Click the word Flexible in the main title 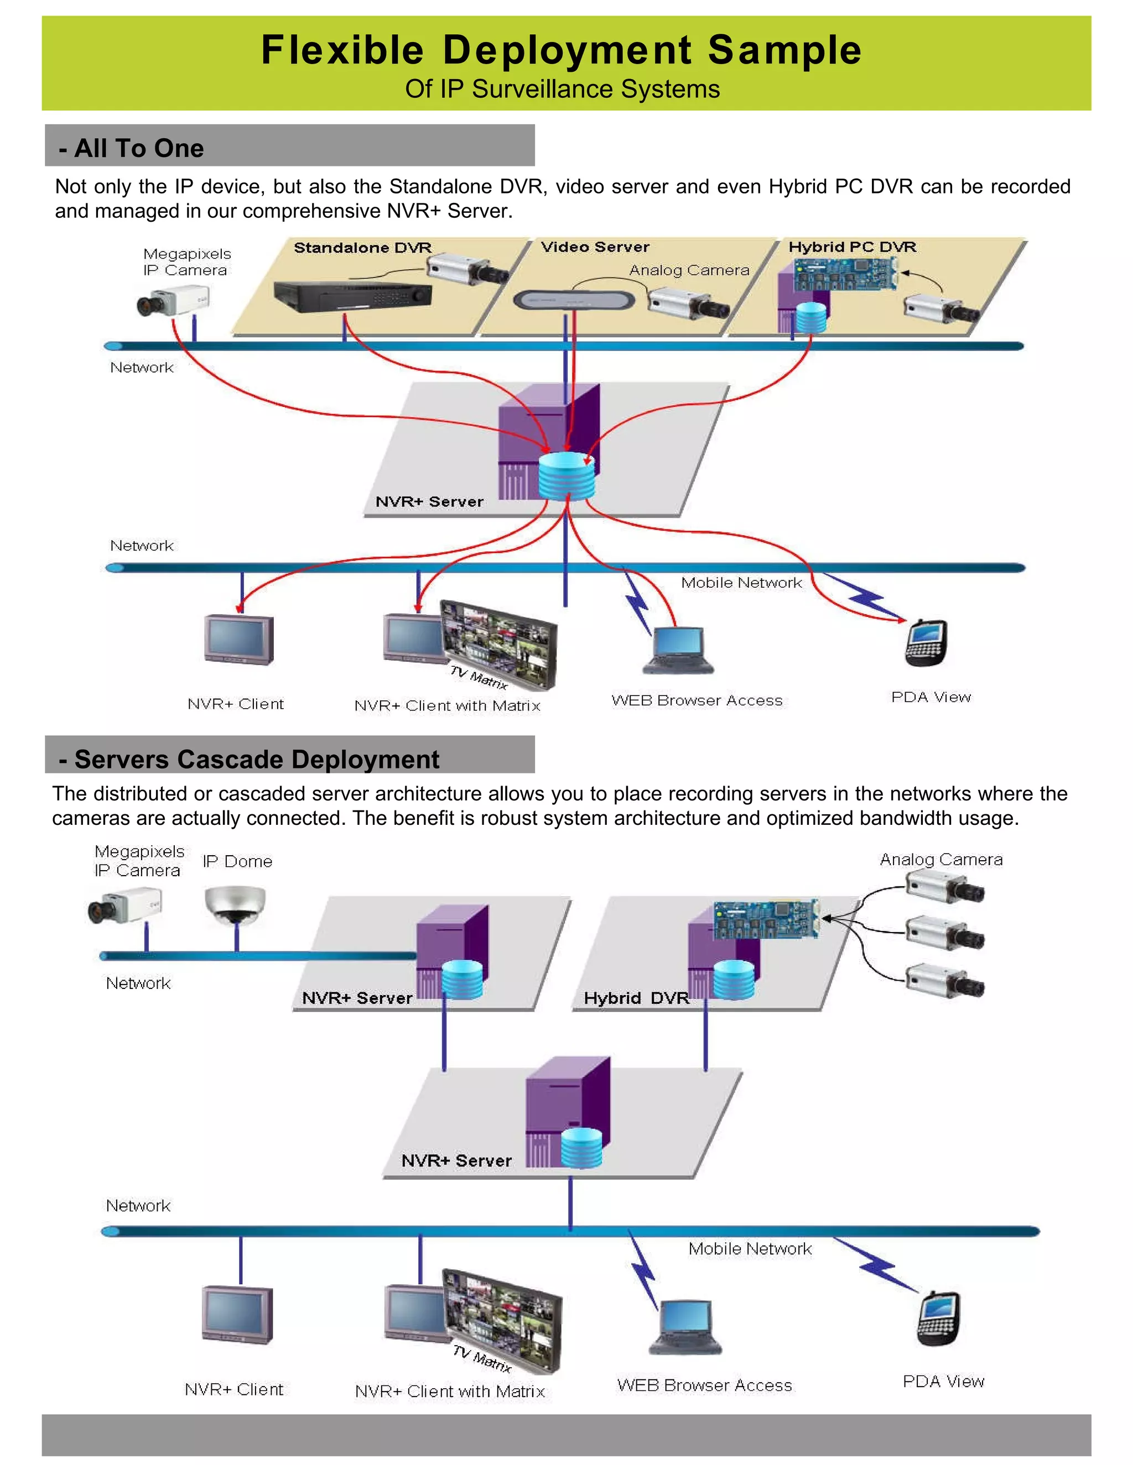click(x=342, y=50)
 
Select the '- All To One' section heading click(x=132, y=148)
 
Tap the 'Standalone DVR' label click(x=362, y=248)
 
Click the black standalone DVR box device click(x=352, y=296)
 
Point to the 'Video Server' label click(x=595, y=247)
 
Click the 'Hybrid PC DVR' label click(x=852, y=247)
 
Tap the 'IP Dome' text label click(x=237, y=861)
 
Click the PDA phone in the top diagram click(x=926, y=642)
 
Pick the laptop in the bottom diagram click(x=685, y=1328)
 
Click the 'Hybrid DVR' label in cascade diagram click(x=636, y=998)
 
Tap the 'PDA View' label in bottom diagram click(x=943, y=1381)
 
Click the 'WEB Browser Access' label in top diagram click(x=697, y=700)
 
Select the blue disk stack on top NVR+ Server click(x=567, y=476)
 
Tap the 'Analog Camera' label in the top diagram click(x=689, y=270)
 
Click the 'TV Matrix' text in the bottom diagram click(x=481, y=1358)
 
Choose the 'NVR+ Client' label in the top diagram click(x=236, y=704)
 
